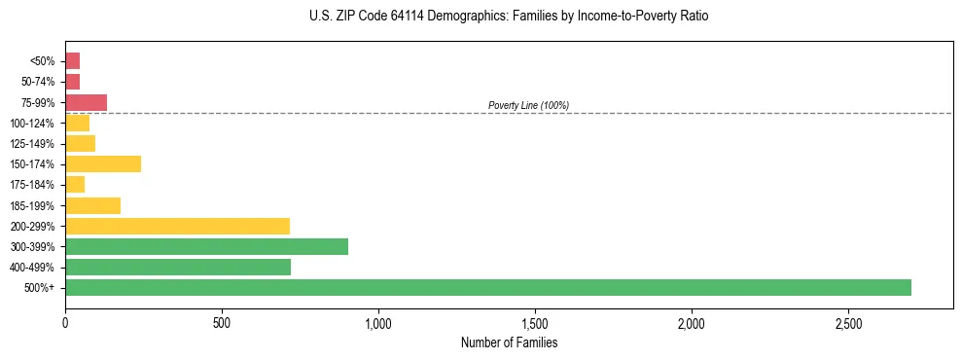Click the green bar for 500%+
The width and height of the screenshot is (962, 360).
point(487,287)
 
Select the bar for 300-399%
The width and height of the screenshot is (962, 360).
point(206,246)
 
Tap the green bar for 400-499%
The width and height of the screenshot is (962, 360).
point(178,267)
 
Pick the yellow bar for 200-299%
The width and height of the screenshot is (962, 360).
point(177,226)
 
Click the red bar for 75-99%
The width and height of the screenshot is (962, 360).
point(86,102)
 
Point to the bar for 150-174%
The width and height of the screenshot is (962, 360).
point(103,163)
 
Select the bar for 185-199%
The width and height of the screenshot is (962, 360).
point(92,205)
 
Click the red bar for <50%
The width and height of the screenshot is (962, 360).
point(72,60)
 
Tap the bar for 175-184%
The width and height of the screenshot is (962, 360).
point(75,184)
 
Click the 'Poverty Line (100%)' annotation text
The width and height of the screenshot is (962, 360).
point(528,105)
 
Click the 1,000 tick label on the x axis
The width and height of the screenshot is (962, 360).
point(378,323)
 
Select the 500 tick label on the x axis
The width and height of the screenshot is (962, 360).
point(222,323)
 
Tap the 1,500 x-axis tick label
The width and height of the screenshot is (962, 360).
point(535,323)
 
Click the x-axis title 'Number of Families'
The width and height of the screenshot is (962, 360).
point(509,342)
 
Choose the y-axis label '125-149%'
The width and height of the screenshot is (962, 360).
point(32,143)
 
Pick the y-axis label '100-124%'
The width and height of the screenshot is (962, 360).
point(32,123)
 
